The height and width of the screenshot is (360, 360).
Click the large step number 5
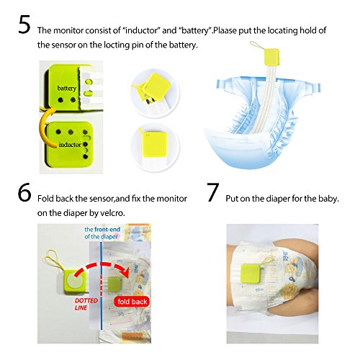24,24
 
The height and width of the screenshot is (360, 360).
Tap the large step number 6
24,192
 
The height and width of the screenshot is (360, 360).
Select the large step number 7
213,192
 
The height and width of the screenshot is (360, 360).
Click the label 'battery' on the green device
67,89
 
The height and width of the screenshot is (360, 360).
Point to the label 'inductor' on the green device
70,145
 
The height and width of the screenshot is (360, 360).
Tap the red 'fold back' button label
132,302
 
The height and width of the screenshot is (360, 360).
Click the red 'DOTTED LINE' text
86,304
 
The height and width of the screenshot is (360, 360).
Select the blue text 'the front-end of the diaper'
102,233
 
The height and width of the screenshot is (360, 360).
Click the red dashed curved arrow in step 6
103,265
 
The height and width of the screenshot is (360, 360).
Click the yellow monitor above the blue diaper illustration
271,57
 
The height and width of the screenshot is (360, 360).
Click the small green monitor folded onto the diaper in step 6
113,284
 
